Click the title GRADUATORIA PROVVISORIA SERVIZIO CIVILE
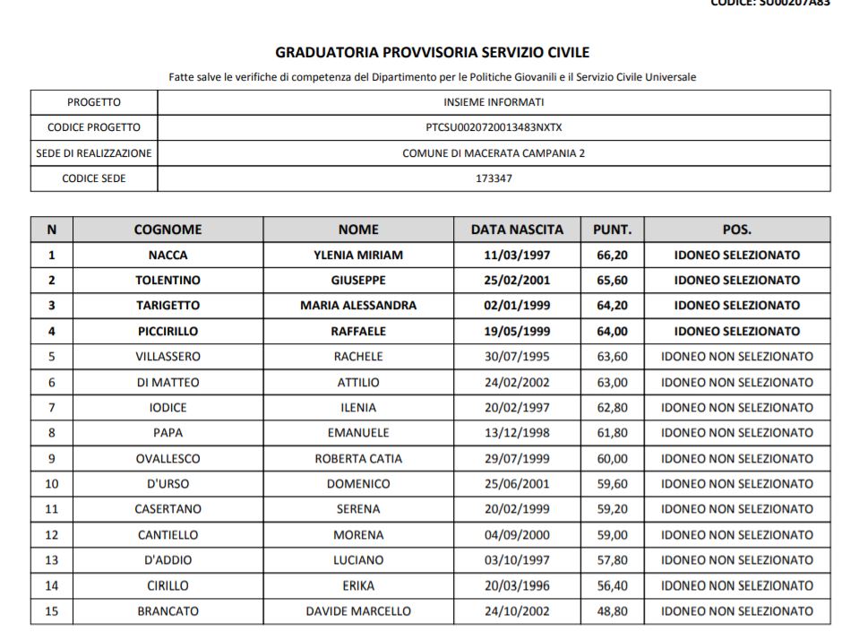click(432, 53)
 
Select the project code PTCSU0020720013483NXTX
click(494, 127)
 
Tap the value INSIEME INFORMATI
click(494, 102)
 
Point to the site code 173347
click(494, 178)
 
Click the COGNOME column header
click(168, 229)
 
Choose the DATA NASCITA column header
click(517, 229)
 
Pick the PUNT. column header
click(612, 229)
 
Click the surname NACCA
click(168, 255)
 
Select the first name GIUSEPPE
click(358, 280)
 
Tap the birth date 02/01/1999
click(517, 305)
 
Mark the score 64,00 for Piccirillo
click(612, 331)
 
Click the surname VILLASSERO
click(168, 356)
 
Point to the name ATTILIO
click(358, 382)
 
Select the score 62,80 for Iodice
click(612, 407)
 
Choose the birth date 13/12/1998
click(517, 433)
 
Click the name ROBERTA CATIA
click(358, 458)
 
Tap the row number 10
click(51, 484)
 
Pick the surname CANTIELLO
click(168, 535)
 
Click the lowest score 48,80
click(612, 611)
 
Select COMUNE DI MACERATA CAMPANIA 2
click(494, 153)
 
